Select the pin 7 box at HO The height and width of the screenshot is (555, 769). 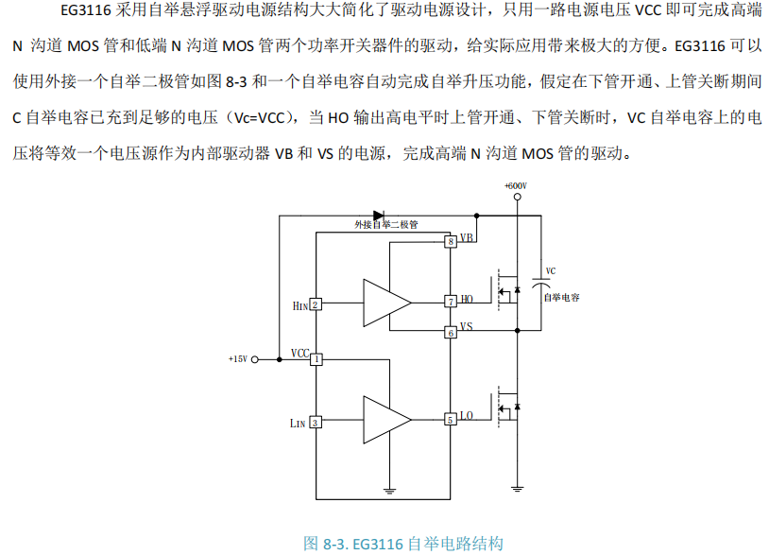click(451, 302)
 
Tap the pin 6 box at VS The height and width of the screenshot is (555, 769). click(451, 332)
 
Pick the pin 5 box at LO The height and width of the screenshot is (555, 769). click(451, 419)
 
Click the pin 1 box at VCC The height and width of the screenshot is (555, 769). click(316, 359)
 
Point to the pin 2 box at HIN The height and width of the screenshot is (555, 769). click(316, 304)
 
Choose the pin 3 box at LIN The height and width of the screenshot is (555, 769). click(316, 423)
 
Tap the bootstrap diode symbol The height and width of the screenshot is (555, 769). click(381, 216)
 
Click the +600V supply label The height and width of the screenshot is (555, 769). click(516, 186)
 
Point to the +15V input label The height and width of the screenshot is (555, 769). click(237, 359)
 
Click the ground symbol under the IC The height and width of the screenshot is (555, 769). click(388, 491)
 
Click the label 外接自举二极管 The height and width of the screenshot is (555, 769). click(385, 227)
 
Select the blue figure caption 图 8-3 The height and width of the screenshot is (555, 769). click(403, 544)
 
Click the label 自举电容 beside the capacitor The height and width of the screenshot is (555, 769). click(561, 297)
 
